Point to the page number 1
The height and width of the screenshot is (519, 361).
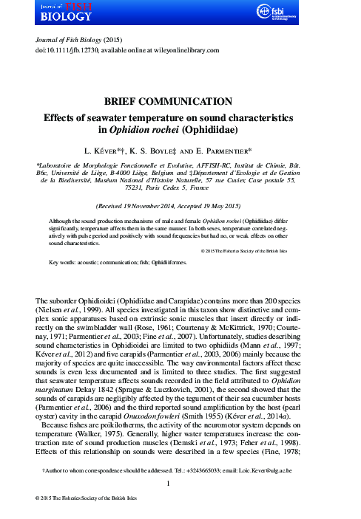click(x=180, y=484)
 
